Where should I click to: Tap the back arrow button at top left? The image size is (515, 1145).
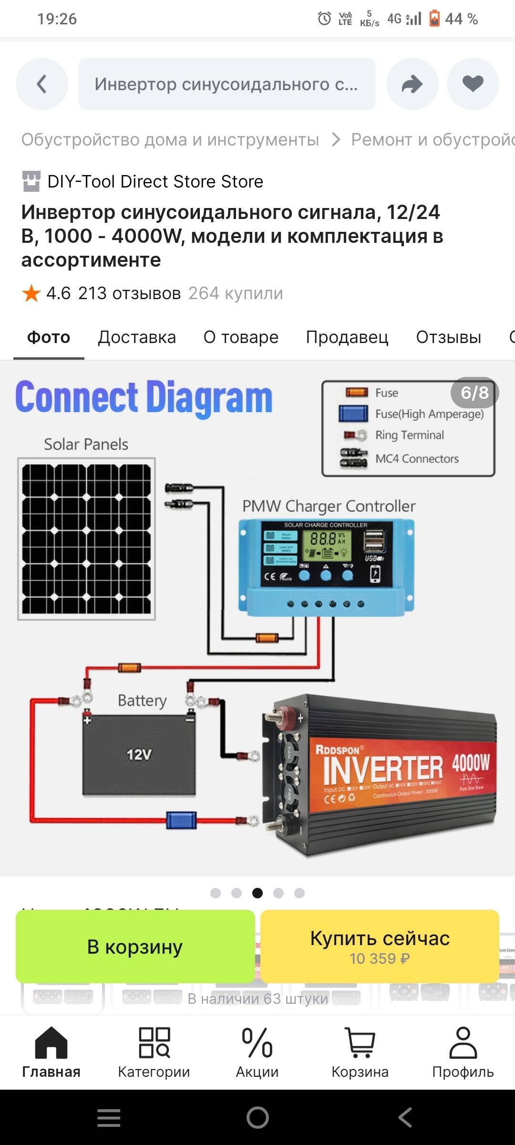[42, 84]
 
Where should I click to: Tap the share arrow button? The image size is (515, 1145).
[412, 84]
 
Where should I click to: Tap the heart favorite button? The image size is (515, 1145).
[473, 84]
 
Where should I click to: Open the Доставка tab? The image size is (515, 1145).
[137, 337]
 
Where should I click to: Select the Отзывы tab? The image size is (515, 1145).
[448, 337]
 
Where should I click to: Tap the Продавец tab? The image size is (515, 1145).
[347, 337]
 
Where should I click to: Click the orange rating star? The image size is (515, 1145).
[31, 293]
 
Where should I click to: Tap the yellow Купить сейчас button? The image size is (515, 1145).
[380, 946]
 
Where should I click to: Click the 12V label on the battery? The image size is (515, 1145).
[139, 755]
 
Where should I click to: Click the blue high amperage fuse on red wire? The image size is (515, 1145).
[181, 820]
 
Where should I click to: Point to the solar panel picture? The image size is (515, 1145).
[86, 539]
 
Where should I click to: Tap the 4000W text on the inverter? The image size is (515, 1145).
[471, 762]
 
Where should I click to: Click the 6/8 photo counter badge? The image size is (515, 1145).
[474, 393]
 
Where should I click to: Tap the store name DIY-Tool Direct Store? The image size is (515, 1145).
[155, 182]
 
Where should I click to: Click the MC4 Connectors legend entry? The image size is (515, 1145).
[416, 458]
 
